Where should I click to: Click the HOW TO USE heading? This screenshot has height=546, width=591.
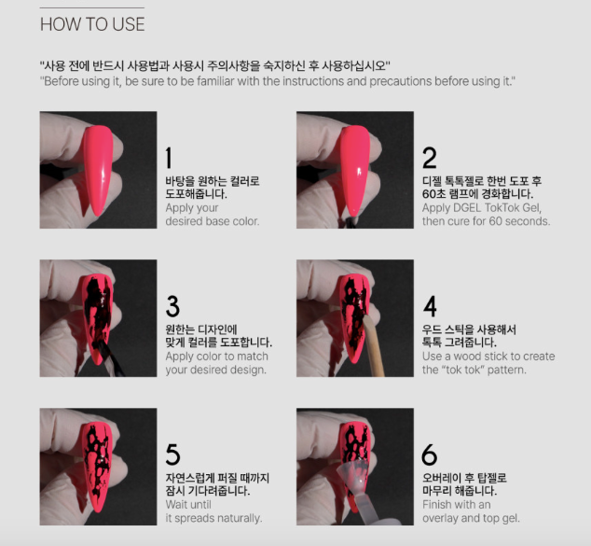[92, 24]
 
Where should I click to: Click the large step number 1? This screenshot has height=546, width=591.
[169, 158]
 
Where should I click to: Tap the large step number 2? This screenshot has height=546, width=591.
[430, 158]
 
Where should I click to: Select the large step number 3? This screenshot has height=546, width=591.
[172, 306]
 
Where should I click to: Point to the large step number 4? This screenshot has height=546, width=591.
[430, 306]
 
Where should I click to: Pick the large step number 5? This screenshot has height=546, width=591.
[172, 455]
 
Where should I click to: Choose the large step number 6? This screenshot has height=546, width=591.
[430, 455]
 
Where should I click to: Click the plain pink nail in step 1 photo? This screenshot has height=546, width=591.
[99, 170]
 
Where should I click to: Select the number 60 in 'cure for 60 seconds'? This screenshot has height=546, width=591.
[495, 221]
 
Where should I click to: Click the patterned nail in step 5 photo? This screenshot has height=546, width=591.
[97, 468]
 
